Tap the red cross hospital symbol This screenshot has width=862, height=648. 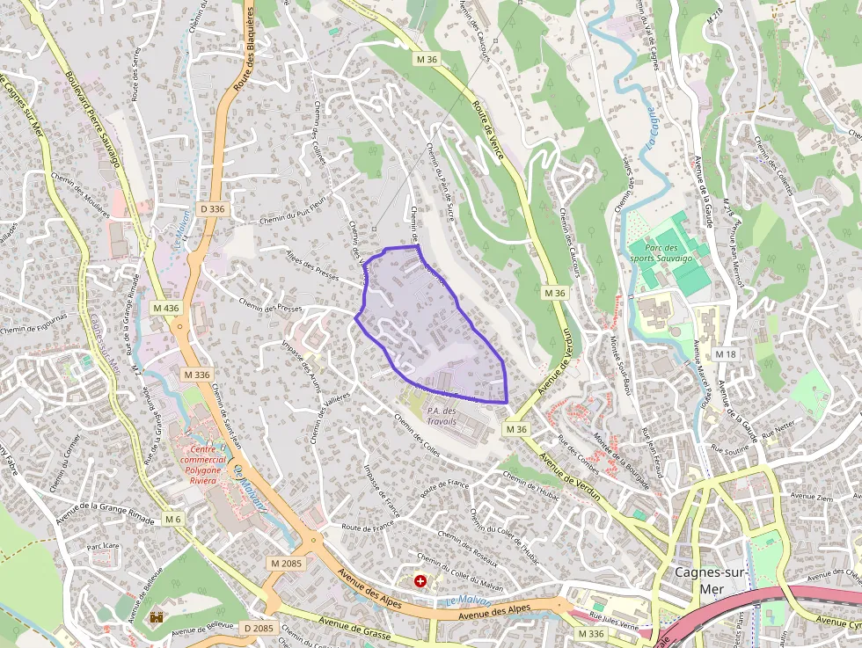(x=420, y=581)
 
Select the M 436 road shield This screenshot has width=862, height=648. (x=165, y=308)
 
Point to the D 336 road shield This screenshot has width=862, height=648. (x=213, y=209)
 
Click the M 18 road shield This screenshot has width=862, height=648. (x=725, y=353)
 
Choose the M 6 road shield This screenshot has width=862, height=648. (x=173, y=520)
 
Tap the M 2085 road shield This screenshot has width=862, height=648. (x=286, y=563)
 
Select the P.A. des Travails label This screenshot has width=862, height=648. (x=442, y=416)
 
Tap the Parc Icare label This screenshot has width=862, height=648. (x=103, y=546)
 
